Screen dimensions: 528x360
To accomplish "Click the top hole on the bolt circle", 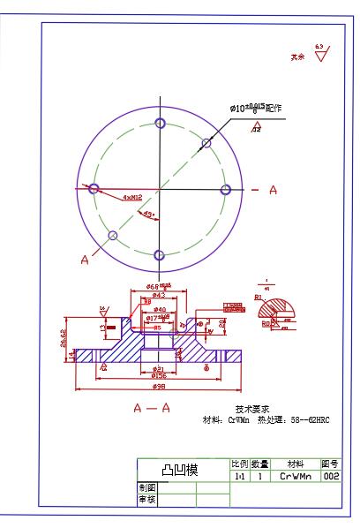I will coord(160,123).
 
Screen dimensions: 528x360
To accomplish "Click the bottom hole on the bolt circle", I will coord(160,256).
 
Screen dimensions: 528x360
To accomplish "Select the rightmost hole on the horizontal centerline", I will coord(226,190).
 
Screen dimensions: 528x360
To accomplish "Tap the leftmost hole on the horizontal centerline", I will coord(94,189).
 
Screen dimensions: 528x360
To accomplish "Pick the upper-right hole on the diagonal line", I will coord(206,142).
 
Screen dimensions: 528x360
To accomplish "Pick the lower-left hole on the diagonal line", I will coord(113,236).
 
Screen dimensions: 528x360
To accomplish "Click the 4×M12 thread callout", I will coord(133,198).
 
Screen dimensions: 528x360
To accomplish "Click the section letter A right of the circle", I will coord(273,190).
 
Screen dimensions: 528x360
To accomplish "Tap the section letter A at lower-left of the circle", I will coord(86,260).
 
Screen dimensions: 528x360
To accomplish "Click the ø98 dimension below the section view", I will coord(160,387).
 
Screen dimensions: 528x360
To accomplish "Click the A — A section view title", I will coord(152,409).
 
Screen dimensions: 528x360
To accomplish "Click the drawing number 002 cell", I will coord(331,476).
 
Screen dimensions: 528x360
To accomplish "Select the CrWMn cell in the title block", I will coord(295,476).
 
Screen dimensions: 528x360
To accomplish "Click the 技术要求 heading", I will coord(252,409).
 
